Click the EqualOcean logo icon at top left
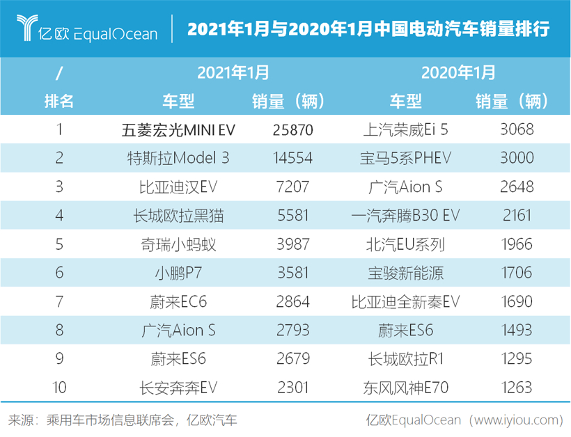click(x=29, y=28)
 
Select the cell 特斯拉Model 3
click(x=178, y=158)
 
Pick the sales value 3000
click(x=517, y=158)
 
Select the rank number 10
click(x=59, y=387)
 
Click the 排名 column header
click(x=59, y=101)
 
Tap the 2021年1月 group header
click(x=233, y=72)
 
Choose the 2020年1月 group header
click(x=459, y=72)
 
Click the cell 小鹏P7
click(x=178, y=273)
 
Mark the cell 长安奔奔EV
click(x=178, y=387)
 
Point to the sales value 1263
click(x=517, y=387)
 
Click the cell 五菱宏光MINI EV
click(x=178, y=129)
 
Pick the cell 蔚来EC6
click(x=178, y=301)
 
